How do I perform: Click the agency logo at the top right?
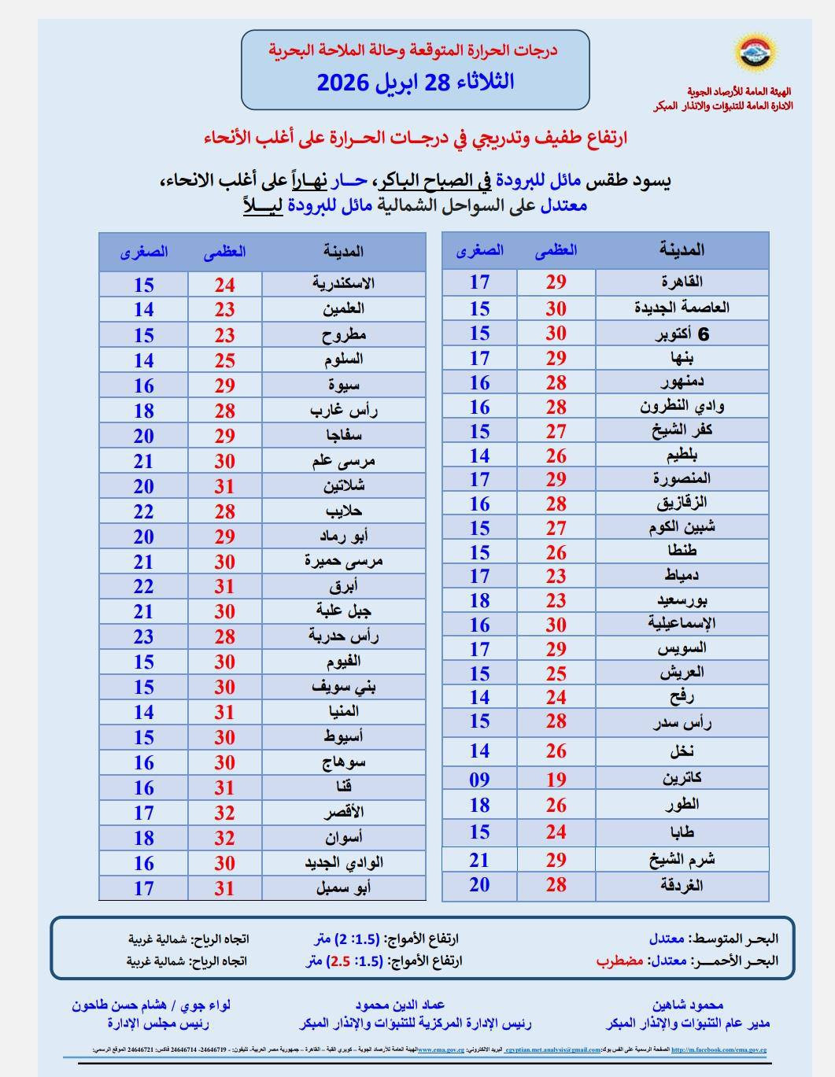tap(756, 52)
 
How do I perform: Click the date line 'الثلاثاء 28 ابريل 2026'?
tap(415, 82)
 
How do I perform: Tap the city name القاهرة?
tap(682, 282)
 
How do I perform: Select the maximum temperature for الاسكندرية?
tap(225, 285)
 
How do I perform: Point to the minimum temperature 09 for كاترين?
tap(479, 780)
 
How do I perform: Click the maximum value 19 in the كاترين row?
tap(556, 780)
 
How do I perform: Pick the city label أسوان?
tap(344, 837)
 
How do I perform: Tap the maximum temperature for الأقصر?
tap(225, 813)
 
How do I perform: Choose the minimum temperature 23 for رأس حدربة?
tap(143, 636)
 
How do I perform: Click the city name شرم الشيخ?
tap(682, 859)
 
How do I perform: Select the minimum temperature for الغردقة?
tap(479, 885)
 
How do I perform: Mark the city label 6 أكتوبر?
tap(682, 334)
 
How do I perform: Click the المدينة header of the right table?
tap(682, 250)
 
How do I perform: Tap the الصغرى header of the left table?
tap(144, 252)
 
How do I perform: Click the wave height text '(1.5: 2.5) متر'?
tap(344, 961)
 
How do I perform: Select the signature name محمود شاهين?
tap(687, 1005)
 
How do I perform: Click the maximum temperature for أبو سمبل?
tap(225, 888)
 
